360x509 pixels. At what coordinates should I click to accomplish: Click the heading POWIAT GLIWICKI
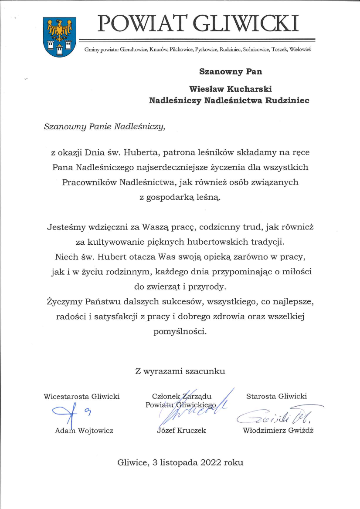click(198, 23)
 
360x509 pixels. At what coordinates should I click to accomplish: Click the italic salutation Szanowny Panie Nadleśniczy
click(105, 127)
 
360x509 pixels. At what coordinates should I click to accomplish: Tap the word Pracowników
click(89, 182)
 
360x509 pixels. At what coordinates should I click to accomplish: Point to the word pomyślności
click(180, 331)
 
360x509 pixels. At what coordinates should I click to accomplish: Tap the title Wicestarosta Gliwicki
click(82, 396)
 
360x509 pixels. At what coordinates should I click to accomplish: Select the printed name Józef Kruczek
click(181, 431)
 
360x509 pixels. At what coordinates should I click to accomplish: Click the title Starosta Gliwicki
click(276, 396)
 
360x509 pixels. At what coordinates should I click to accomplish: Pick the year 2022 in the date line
click(211, 462)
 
